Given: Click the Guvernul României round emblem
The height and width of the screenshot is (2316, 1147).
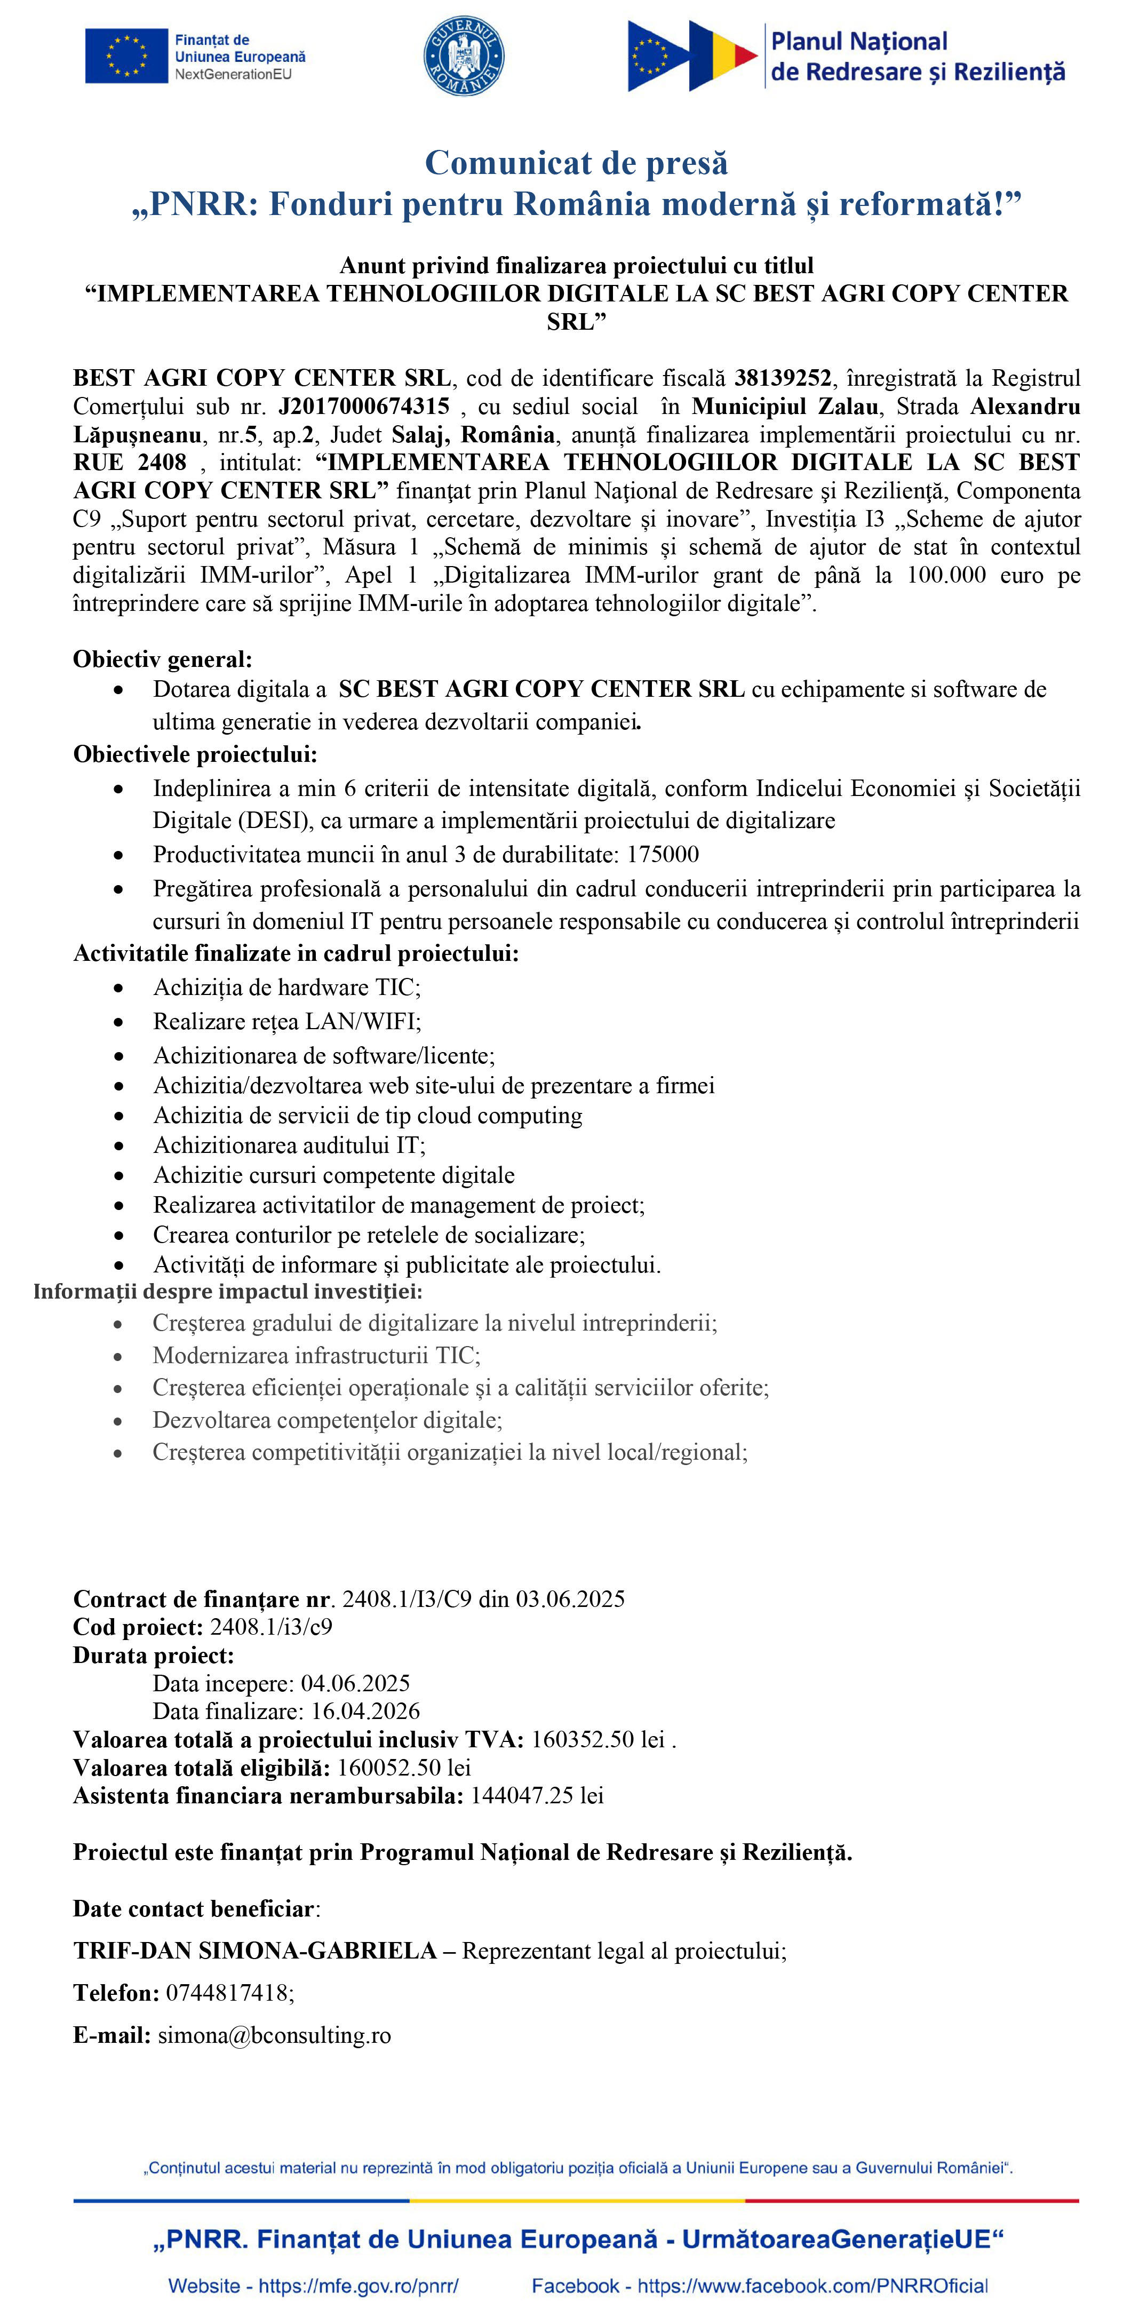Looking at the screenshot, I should coord(463,55).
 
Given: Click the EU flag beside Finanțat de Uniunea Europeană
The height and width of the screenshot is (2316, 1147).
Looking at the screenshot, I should coord(126,55).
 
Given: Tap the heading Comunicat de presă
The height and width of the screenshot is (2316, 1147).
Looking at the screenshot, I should coord(576,163).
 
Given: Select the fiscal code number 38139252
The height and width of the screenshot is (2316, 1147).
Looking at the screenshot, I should coord(782,378).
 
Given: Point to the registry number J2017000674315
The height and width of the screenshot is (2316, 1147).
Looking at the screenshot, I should coord(363,407).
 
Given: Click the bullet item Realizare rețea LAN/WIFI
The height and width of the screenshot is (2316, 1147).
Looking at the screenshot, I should coord(287,1021).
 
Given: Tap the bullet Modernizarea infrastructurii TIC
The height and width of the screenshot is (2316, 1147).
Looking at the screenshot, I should coord(316,1355).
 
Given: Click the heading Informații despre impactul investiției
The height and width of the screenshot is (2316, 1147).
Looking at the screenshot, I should coord(227,1292).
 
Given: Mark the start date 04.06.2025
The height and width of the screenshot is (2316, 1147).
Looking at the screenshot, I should coord(355,1683).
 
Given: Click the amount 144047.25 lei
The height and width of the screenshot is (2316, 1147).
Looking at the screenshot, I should coord(537,1795).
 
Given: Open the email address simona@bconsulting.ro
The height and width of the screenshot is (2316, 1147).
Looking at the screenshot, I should coord(274,2035).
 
